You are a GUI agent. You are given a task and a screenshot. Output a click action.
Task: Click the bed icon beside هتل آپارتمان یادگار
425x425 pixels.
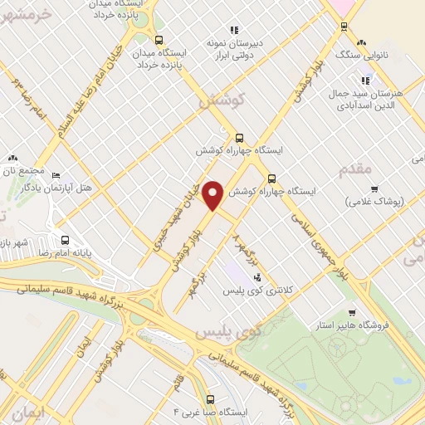56,175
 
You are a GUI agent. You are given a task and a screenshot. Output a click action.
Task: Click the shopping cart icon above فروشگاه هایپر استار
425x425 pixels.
353,313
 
